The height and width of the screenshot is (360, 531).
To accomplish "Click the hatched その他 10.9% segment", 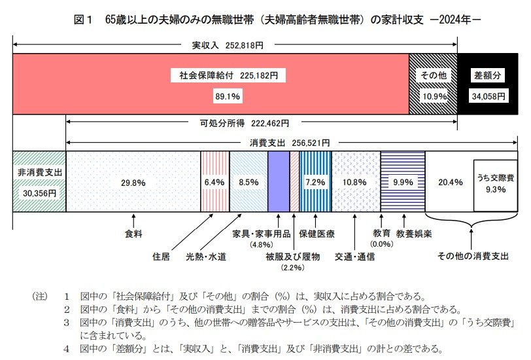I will [x=432, y=85].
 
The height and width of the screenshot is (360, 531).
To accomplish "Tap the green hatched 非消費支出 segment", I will [x=39, y=181].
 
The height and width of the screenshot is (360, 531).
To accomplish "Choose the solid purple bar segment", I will [x=278, y=181].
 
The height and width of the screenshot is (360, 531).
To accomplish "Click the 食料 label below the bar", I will [x=133, y=232].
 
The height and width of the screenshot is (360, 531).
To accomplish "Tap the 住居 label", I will [x=162, y=257].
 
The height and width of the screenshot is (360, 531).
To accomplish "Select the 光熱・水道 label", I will [x=206, y=257].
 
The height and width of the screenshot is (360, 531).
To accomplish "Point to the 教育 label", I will [x=381, y=232].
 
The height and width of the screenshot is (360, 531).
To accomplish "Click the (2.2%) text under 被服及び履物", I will [x=292, y=268].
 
